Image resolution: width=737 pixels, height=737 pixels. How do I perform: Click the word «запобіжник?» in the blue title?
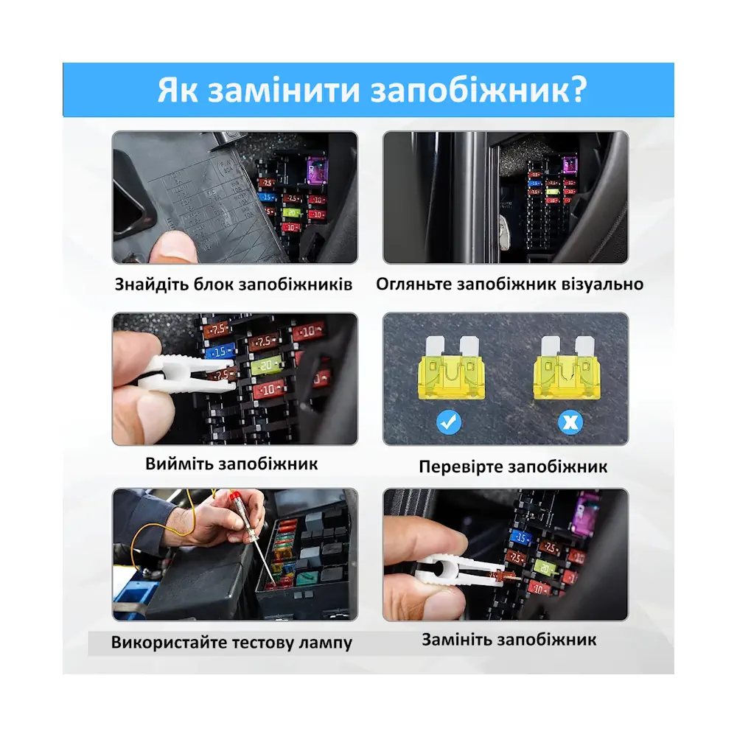[479, 90]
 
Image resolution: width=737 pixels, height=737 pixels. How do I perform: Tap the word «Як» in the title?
[178, 89]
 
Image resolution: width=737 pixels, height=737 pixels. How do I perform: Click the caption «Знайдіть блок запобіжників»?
[234, 284]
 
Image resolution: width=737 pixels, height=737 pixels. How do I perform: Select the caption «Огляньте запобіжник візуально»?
[509, 284]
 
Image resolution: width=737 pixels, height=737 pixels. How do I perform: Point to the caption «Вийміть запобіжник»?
[231, 464]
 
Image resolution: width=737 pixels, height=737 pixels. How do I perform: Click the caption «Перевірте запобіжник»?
[513, 467]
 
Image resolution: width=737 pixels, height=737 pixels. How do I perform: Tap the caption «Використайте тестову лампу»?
[231, 642]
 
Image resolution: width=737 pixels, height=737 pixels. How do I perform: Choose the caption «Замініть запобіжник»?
[509, 640]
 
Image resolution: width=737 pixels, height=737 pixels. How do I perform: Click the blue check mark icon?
[448, 422]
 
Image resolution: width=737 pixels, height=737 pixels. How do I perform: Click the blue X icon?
[570, 422]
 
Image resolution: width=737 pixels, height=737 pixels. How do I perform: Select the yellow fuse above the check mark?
[451, 368]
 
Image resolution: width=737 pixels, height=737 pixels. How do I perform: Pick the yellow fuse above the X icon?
[567, 368]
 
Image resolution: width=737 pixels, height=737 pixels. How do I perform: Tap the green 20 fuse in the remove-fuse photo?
[267, 366]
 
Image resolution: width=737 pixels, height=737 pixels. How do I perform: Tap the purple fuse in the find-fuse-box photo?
[315, 170]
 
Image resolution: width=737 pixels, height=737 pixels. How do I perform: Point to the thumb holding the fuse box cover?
[173, 248]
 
